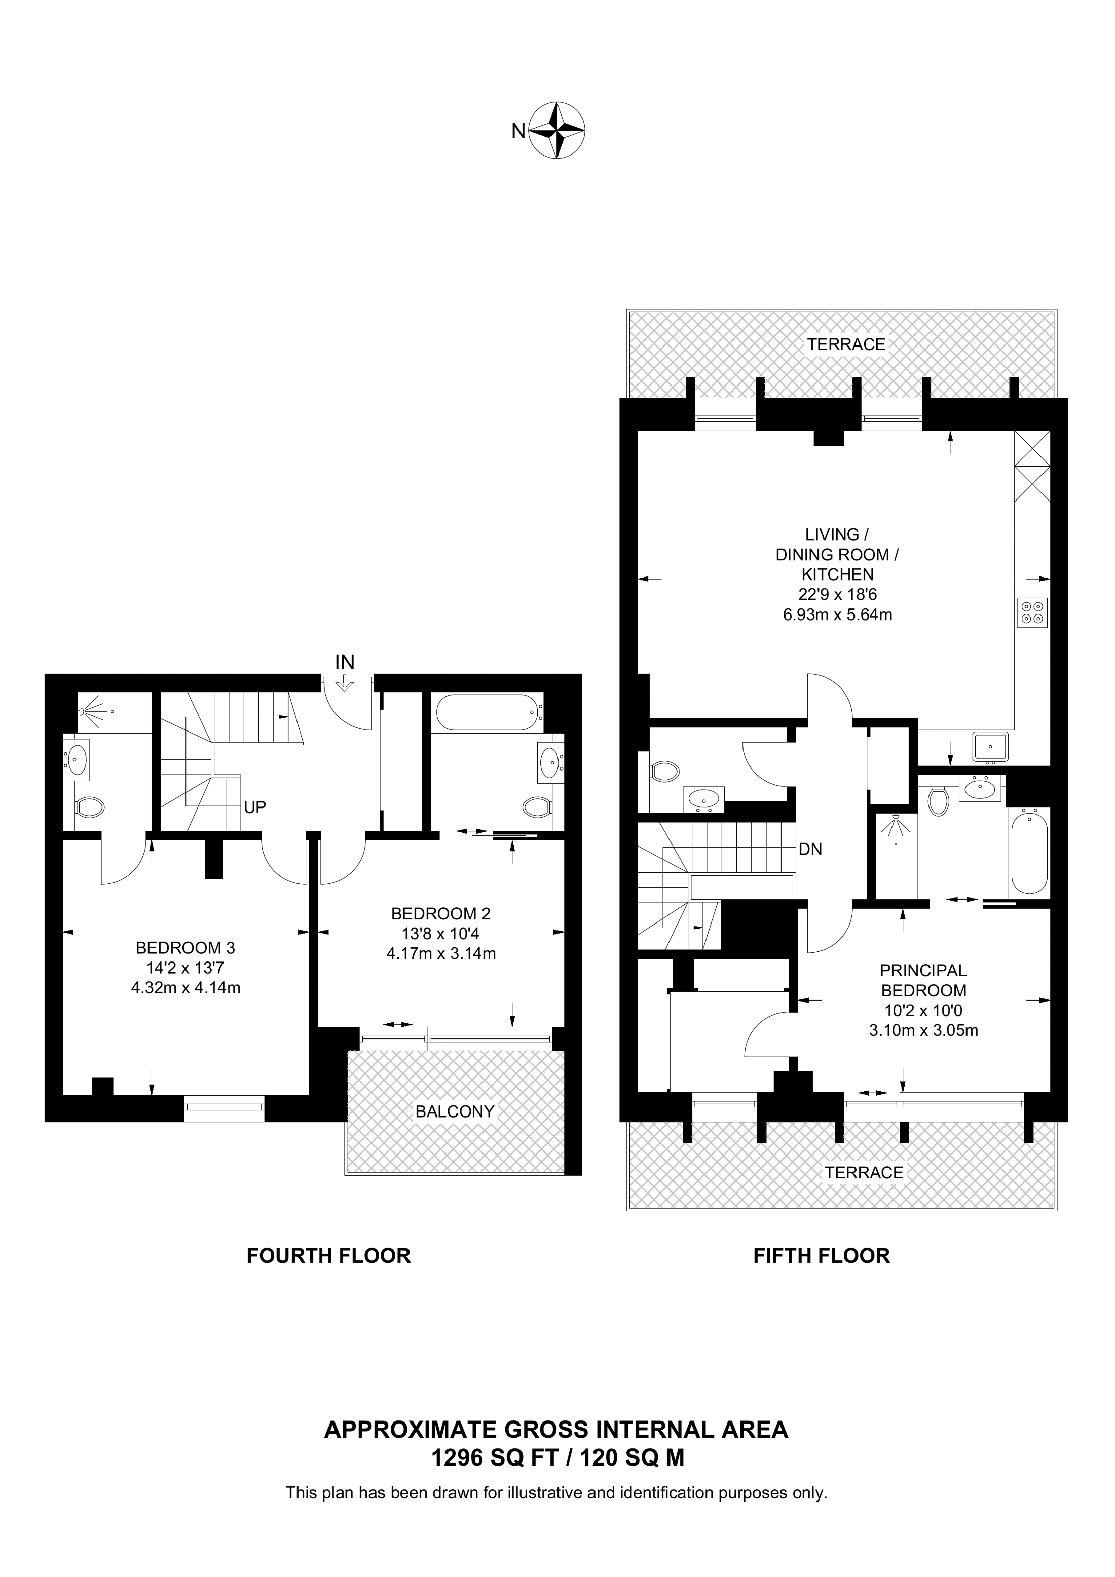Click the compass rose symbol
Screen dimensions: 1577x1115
click(559, 131)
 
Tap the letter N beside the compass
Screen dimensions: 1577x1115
click(518, 131)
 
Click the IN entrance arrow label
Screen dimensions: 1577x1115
click(344, 662)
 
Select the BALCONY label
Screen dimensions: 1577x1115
click(455, 1111)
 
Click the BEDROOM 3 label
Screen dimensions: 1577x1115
click(185, 948)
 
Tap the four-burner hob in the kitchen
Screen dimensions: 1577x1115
click(1032, 612)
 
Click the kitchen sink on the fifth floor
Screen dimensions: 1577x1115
click(990, 747)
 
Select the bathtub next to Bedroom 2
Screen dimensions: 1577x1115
click(488, 712)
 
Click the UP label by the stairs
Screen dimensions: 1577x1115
click(255, 807)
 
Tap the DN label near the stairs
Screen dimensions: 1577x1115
click(811, 850)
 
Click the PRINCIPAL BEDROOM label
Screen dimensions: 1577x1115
click(923, 981)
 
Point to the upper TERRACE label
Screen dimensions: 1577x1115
click(846, 344)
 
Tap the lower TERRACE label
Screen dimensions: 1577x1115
click(864, 1172)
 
